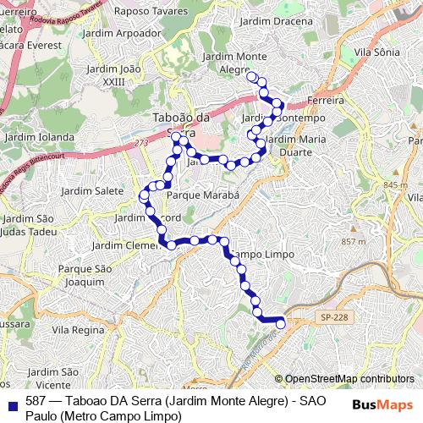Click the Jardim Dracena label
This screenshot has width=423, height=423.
point(271,21)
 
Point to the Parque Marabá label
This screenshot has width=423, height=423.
point(204,195)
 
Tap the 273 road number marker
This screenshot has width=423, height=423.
point(140,145)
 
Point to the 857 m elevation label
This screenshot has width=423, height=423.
point(353,242)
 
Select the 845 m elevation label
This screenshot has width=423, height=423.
point(395,185)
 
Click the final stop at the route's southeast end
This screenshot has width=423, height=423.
point(281,322)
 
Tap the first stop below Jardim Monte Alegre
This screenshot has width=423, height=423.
point(251,77)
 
